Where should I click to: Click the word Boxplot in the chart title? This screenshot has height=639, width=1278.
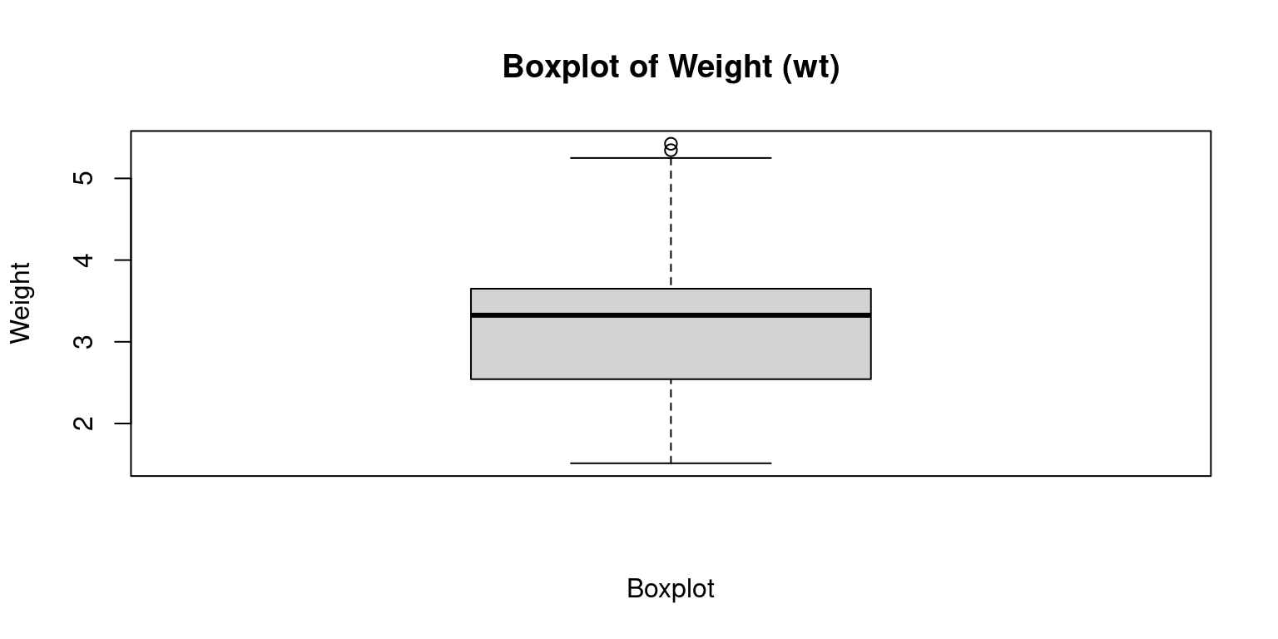[x=560, y=67]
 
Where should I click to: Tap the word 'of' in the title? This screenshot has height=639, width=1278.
[x=646, y=67]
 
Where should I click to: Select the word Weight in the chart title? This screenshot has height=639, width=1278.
[x=720, y=67]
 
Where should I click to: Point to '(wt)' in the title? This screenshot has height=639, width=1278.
[x=810, y=67]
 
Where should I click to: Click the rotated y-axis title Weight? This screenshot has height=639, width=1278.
[x=21, y=303]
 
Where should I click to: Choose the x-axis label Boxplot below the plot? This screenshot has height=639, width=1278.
[x=671, y=589]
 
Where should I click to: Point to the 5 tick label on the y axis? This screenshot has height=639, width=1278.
[x=83, y=178]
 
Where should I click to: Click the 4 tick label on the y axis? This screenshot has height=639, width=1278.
[x=83, y=260]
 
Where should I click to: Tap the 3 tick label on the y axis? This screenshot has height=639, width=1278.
[x=83, y=342]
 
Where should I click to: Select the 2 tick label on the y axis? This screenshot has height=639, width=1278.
[x=83, y=424]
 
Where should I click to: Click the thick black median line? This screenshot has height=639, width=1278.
[x=671, y=315]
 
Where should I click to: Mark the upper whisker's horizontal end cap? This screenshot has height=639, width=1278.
[x=671, y=158]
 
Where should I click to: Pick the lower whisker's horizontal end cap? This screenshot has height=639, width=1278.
[x=671, y=463]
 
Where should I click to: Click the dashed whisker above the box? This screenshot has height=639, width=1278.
[x=671, y=223]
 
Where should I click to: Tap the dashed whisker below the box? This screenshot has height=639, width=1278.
[x=671, y=421]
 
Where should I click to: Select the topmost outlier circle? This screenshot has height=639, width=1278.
[x=671, y=144]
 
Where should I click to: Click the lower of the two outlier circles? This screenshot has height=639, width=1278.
[x=671, y=150]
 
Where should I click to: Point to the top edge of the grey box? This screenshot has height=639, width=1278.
[x=671, y=289]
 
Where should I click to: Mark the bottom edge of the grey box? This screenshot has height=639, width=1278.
[x=671, y=379]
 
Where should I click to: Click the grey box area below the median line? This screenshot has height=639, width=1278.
[x=671, y=348]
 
